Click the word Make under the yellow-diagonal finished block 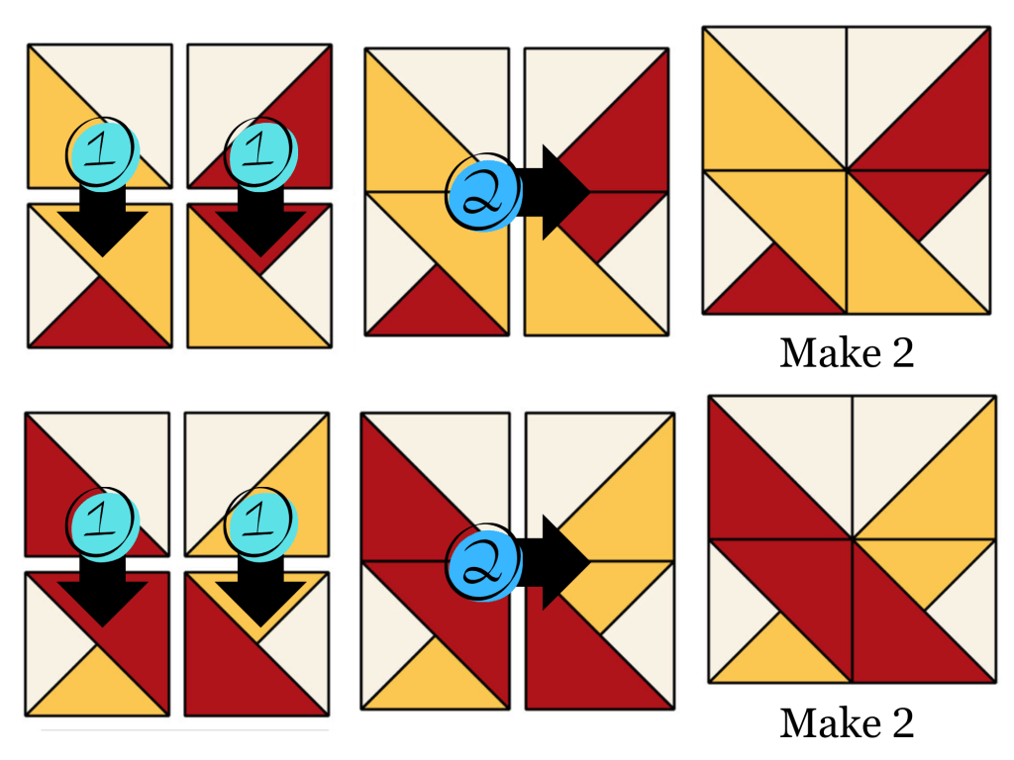tap(821, 353)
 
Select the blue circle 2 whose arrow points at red tap(483, 192)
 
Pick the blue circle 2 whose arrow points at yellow tap(483, 562)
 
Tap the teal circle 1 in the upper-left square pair tap(102, 153)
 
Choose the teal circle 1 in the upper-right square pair tap(260, 153)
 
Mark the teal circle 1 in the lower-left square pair tap(102, 524)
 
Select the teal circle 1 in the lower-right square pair tap(260, 524)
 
